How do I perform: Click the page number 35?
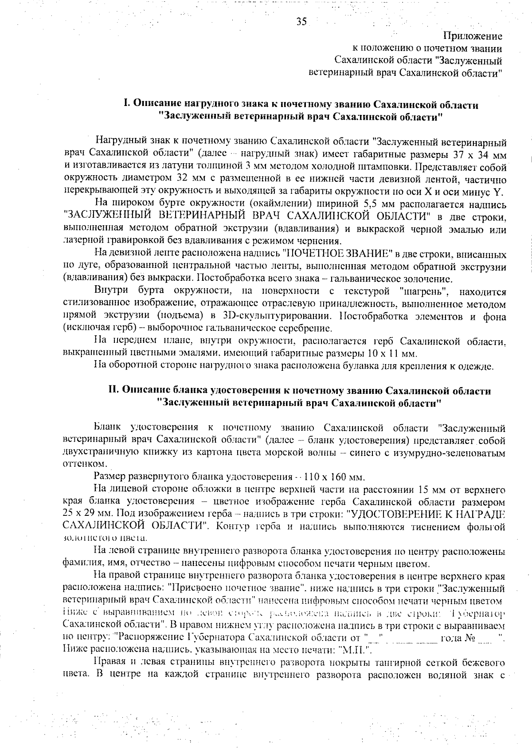point(301,22)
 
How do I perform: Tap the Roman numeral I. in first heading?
point(126,105)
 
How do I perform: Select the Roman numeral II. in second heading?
point(114,391)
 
